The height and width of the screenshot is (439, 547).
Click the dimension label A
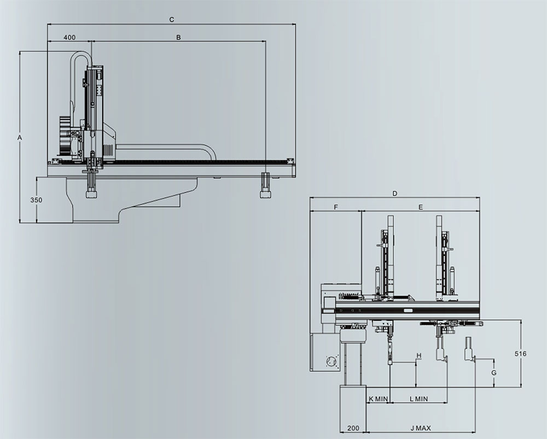(x=20, y=138)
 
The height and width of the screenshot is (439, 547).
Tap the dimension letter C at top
(x=172, y=20)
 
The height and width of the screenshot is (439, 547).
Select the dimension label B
(x=178, y=37)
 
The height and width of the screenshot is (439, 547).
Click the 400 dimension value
(x=70, y=37)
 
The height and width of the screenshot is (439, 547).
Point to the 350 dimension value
(x=36, y=200)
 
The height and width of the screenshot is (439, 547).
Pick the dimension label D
(x=395, y=194)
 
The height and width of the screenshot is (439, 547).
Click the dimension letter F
(x=336, y=207)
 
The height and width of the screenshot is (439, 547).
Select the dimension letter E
(x=421, y=207)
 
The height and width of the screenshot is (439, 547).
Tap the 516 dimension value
(x=521, y=354)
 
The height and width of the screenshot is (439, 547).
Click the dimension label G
(x=494, y=373)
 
